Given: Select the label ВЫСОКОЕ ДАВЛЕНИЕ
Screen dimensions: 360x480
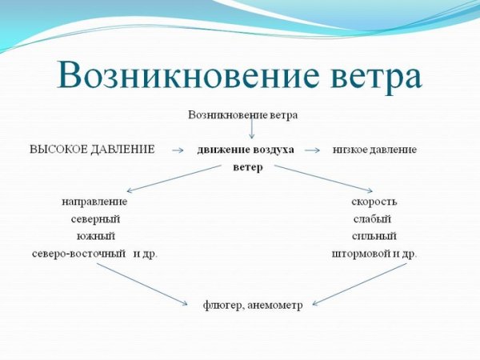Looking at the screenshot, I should click(x=91, y=150).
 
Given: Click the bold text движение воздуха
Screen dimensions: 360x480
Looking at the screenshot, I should click(x=246, y=150).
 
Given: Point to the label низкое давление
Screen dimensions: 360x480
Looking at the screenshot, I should click(x=374, y=150).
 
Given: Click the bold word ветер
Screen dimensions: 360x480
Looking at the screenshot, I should click(x=247, y=168).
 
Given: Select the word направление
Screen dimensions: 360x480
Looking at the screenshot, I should click(x=94, y=201).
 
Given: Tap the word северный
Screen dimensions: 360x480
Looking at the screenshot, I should click(x=94, y=218).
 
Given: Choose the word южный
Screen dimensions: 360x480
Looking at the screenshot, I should click(x=95, y=236).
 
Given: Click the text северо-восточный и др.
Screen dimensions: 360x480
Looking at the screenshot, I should click(x=94, y=254).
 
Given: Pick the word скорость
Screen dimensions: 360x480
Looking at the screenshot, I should click(x=374, y=201).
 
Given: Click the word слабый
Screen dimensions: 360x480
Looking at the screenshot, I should click(x=372, y=218).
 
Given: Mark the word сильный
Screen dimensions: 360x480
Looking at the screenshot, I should click(x=374, y=236).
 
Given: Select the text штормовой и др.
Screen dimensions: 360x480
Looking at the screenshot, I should click(x=374, y=254).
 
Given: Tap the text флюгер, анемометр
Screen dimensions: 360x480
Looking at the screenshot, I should click(x=252, y=306).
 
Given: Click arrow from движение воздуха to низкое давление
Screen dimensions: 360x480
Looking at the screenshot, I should click(x=312, y=150).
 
